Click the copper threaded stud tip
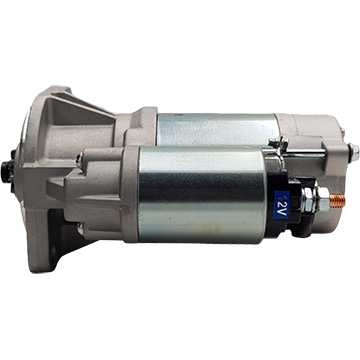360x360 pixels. pos(338,201)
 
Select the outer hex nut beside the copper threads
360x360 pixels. pos(323,200)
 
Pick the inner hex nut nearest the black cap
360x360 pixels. pos(308,199)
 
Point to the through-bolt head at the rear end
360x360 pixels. pos(354,153)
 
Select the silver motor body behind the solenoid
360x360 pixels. pos(217,129)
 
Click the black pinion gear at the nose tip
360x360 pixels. pos(6,171)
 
